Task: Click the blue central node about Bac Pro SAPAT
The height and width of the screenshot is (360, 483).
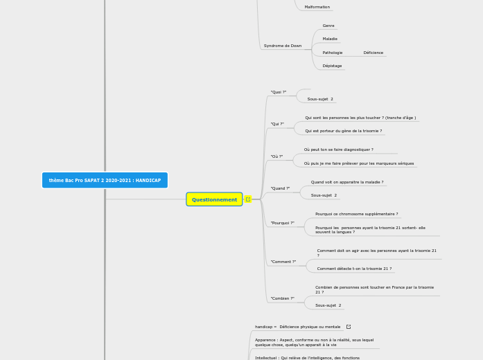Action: pyautogui.click(x=105, y=180)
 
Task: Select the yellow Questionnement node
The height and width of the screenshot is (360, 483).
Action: pyautogui.click(x=214, y=199)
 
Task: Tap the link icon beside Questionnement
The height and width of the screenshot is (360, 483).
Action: pyautogui.click(x=248, y=199)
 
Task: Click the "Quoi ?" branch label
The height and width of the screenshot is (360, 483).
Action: pyautogui.click(x=278, y=92)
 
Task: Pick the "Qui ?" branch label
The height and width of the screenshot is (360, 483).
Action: pyautogui.click(x=277, y=124)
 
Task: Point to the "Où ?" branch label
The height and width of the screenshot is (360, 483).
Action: pyautogui.click(x=276, y=156)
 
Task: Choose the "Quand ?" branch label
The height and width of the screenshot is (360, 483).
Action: pyautogui.click(x=280, y=188)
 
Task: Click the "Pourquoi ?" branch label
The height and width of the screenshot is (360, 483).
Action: pyautogui.click(x=282, y=223)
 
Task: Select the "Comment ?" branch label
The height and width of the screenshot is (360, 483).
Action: pyautogui.click(x=283, y=262)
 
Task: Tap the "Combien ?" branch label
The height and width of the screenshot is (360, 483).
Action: pyautogui.click(x=282, y=298)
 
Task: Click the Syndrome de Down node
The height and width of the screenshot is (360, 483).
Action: pyautogui.click(x=282, y=46)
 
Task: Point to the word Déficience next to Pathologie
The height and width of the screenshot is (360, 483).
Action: pyautogui.click(x=373, y=53)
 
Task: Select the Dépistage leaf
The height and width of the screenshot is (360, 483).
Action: pyautogui.click(x=332, y=66)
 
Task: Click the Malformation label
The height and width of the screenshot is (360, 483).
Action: pyautogui.click(x=317, y=7)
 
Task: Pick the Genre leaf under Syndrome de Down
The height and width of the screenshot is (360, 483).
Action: pyautogui.click(x=328, y=26)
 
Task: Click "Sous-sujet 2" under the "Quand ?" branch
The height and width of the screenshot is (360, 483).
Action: pyautogui.click(x=324, y=195)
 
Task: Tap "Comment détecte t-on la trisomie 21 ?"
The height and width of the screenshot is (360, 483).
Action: pyautogui.click(x=354, y=269)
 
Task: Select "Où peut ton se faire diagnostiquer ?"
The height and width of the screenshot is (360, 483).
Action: pyautogui.click(x=338, y=150)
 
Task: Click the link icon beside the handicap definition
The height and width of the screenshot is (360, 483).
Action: pyautogui.click(x=348, y=327)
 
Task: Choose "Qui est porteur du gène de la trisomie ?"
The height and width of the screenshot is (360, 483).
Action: pyautogui.click(x=343, y=131)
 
